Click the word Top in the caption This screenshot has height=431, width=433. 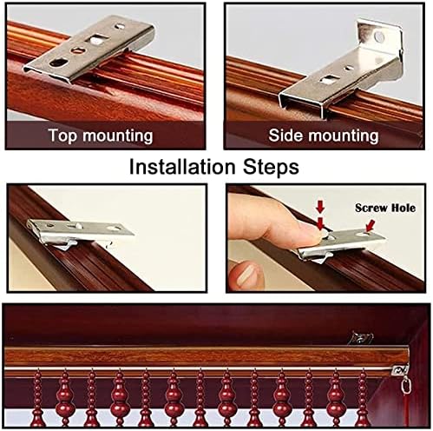(62, 136)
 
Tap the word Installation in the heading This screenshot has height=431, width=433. (182, 167)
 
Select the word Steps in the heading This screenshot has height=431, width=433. (271, 167)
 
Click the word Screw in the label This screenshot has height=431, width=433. (371, 208)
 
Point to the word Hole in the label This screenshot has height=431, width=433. (403, 208)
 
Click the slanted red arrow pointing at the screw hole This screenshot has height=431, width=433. (370, 225)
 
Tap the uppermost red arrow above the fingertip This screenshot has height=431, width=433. (320, 207)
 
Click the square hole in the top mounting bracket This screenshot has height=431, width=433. (97, 39)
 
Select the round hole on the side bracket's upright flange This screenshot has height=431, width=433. (379, 36)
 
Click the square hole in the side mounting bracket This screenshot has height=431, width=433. (330, 78)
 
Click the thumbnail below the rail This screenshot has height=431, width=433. (246, 274)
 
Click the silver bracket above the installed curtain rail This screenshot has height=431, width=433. (360, 338)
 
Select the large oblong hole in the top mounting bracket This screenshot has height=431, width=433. (59, 63)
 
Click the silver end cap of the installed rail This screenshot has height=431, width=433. (399, 369)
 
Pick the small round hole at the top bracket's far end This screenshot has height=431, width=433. (120, 27)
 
